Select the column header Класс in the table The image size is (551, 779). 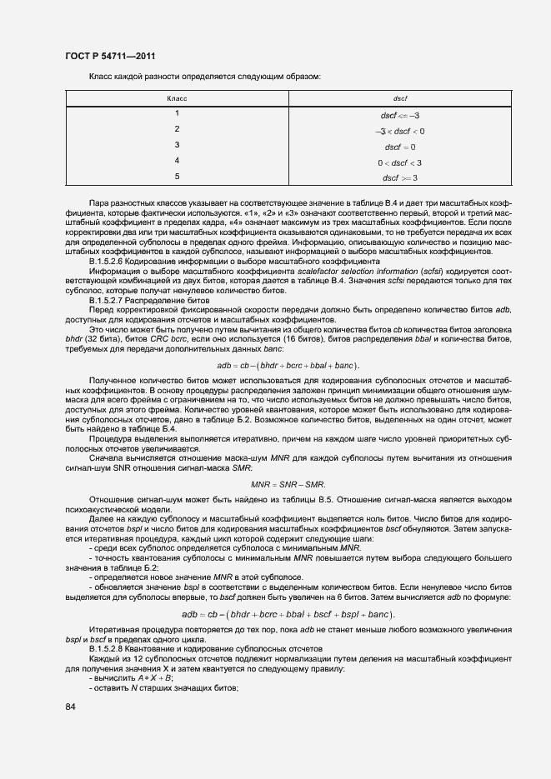177,98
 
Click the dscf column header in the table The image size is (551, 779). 400,98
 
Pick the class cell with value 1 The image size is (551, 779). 177,113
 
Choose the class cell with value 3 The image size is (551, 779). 177,145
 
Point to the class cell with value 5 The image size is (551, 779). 177,177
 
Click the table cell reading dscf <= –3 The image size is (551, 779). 400,115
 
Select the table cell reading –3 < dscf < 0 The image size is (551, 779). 400,131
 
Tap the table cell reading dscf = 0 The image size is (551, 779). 400,147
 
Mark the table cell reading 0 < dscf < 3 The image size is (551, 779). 400,162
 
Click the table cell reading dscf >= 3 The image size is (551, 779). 400,178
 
